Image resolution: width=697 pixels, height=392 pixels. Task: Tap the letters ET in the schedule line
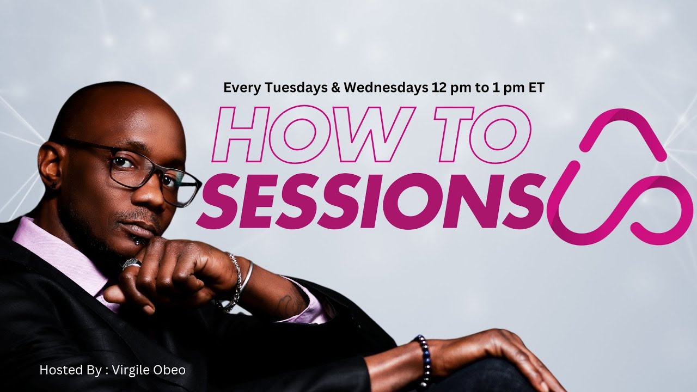coord(535,88)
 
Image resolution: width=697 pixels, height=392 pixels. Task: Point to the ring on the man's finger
coord(131,264)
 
